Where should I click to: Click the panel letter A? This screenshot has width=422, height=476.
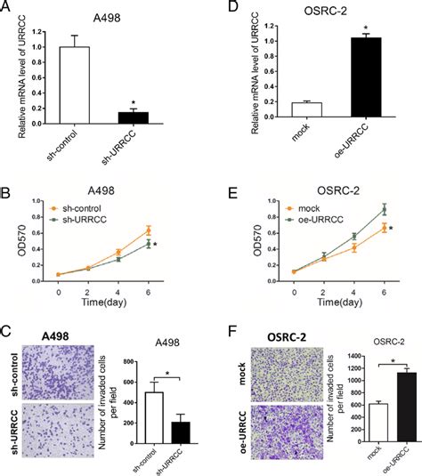coord(8,12)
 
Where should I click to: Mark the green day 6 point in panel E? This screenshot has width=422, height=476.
coord(359,209)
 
